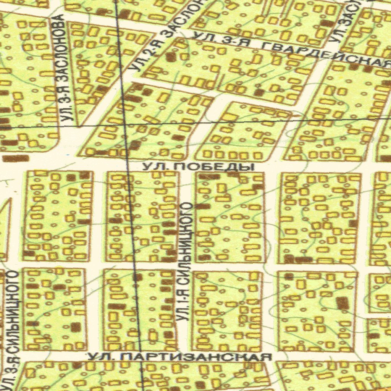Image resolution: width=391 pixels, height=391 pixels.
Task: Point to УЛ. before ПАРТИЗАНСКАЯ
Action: (100, 357)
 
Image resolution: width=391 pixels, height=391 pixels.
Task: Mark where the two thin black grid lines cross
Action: (124, 124)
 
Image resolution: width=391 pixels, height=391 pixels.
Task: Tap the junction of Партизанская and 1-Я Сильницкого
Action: (183, 356)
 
